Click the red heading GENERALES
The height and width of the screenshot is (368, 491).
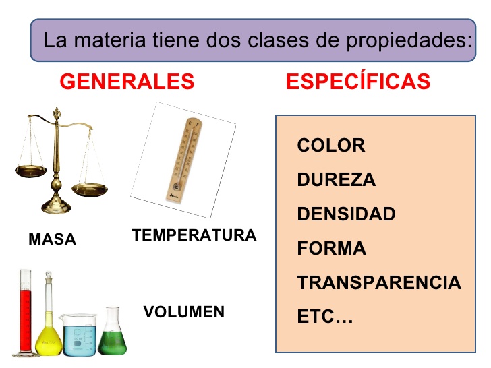(x=127, y=82)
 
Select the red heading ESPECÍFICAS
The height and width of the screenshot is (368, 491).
(x=358, y=82)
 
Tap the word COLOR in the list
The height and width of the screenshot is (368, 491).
(x=330, y=145)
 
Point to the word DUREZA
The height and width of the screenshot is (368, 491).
(x=336, y=180)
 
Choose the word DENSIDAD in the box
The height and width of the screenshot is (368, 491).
(x=346, y=214)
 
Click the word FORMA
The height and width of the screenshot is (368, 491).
(x=331, y=249)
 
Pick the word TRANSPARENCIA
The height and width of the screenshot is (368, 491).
(x=379, y=283)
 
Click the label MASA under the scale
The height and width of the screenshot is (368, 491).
(x=52, y=239)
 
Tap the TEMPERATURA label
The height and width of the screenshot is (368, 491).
(x=194, y=235)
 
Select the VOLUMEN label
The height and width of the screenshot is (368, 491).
(x=183, y=312)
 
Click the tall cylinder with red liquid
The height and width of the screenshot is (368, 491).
(x=26, y=313)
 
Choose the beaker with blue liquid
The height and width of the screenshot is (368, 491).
(x=80, y=334)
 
